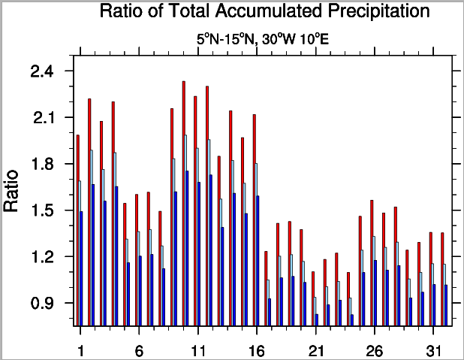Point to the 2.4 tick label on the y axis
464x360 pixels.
[x=42, y=71]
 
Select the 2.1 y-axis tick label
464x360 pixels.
[x=42, y=118]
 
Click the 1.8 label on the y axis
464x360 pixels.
[x=42, y=165]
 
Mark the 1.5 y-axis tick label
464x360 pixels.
[x=42, y=211]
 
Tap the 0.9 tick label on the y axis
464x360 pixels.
[x=42, y=304]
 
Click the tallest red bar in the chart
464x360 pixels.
[x=183, y=203]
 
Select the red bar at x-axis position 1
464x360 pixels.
[x=77, y=229]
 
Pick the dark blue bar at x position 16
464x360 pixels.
[x=258, y=260]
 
